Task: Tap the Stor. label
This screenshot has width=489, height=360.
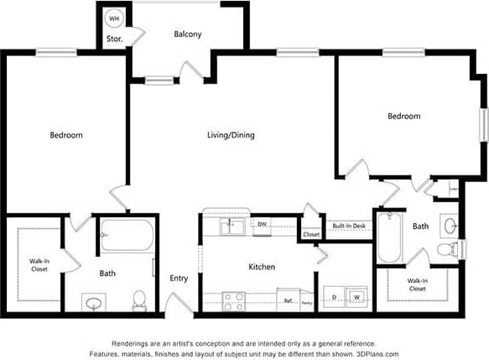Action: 113,39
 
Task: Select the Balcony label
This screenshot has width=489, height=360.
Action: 187,34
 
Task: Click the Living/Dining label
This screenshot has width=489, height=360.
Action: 231,135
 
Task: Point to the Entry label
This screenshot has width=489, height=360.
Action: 179,278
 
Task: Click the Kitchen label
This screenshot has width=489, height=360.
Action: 262,267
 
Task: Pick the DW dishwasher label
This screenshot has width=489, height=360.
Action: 262,224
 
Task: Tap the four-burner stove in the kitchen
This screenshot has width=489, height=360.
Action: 234,299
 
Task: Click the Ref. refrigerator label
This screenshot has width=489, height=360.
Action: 287,300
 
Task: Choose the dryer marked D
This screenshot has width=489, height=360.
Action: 335,297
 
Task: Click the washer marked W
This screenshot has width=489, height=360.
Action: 356,297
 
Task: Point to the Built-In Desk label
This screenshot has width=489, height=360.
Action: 348,226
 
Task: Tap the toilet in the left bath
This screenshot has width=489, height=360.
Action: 140,298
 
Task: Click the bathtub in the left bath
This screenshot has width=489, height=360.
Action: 126,235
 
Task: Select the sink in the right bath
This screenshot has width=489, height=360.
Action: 450,225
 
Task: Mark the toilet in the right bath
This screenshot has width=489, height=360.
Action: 449,248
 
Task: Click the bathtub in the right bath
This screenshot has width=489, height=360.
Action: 389,238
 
